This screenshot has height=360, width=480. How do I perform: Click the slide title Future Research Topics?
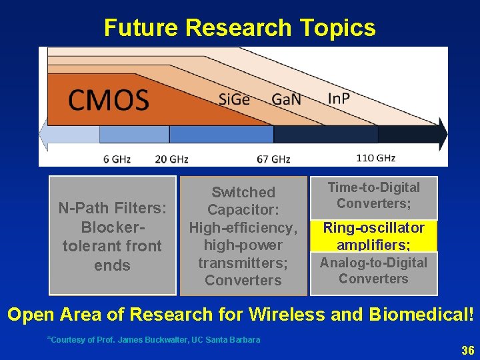[239, 28]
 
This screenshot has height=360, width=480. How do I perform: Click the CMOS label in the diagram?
[108, 101]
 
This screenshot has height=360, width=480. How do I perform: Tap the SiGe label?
[234, 99]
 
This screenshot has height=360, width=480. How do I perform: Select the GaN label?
[286, 99]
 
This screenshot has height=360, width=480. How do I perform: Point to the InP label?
[339, 98]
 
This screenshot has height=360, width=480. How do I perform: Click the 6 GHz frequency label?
[117, 159]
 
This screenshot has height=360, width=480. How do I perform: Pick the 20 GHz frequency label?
[171, 159]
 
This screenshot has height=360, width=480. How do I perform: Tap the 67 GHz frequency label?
[273, 159]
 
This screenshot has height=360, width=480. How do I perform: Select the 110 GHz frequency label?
[375, 159]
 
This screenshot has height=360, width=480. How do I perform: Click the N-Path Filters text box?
[112, 236]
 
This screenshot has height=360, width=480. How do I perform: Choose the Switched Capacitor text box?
[243, 236]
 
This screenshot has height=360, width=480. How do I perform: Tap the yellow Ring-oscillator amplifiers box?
[373, 236]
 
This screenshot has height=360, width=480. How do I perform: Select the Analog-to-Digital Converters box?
[373, 271]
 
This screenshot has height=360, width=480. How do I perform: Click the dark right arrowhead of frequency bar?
[442, 134]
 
